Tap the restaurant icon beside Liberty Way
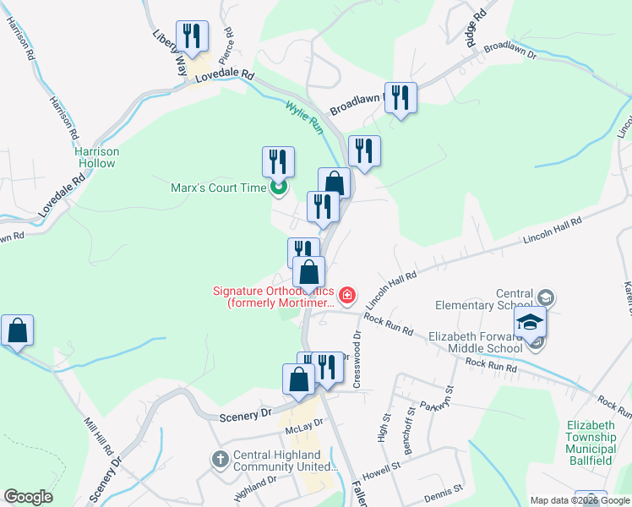click(192, 36)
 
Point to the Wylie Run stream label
click(303, 117)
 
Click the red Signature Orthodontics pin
click(347, 296)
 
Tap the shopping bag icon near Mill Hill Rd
click(17, 331)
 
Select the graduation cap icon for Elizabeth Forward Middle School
click(530, 322)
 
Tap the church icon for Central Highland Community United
click(219, 459)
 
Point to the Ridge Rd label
click(476, 29)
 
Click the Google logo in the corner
click(29, 497)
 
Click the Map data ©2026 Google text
click(580, 500)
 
